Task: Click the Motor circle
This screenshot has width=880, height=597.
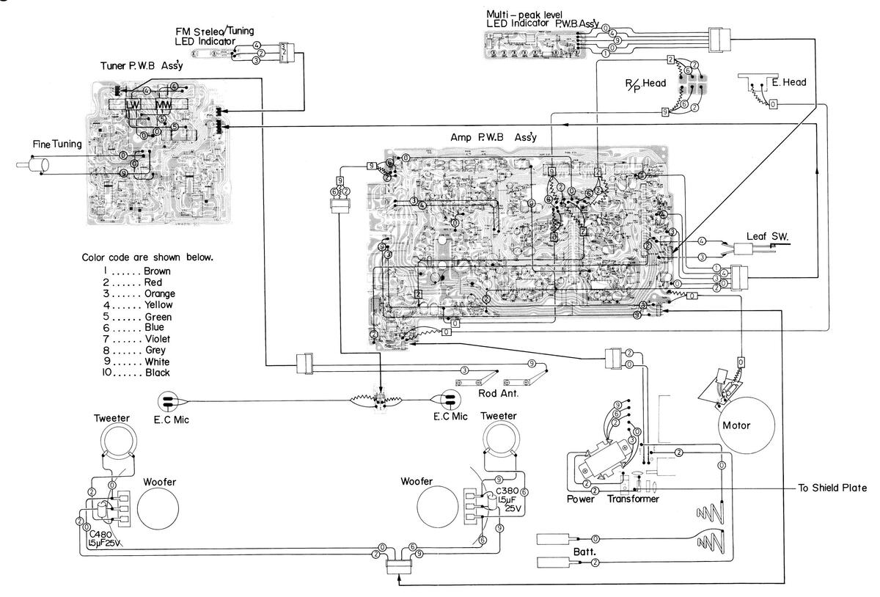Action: click(x=747, y=425)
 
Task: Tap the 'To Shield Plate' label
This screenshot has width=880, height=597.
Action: click(x=832, y=488)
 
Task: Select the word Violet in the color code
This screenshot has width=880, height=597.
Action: click(x=158, y=339)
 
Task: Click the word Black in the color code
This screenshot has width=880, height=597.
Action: click(x=158, y=373)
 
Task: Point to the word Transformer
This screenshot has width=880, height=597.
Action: click(x=634, y=499)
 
